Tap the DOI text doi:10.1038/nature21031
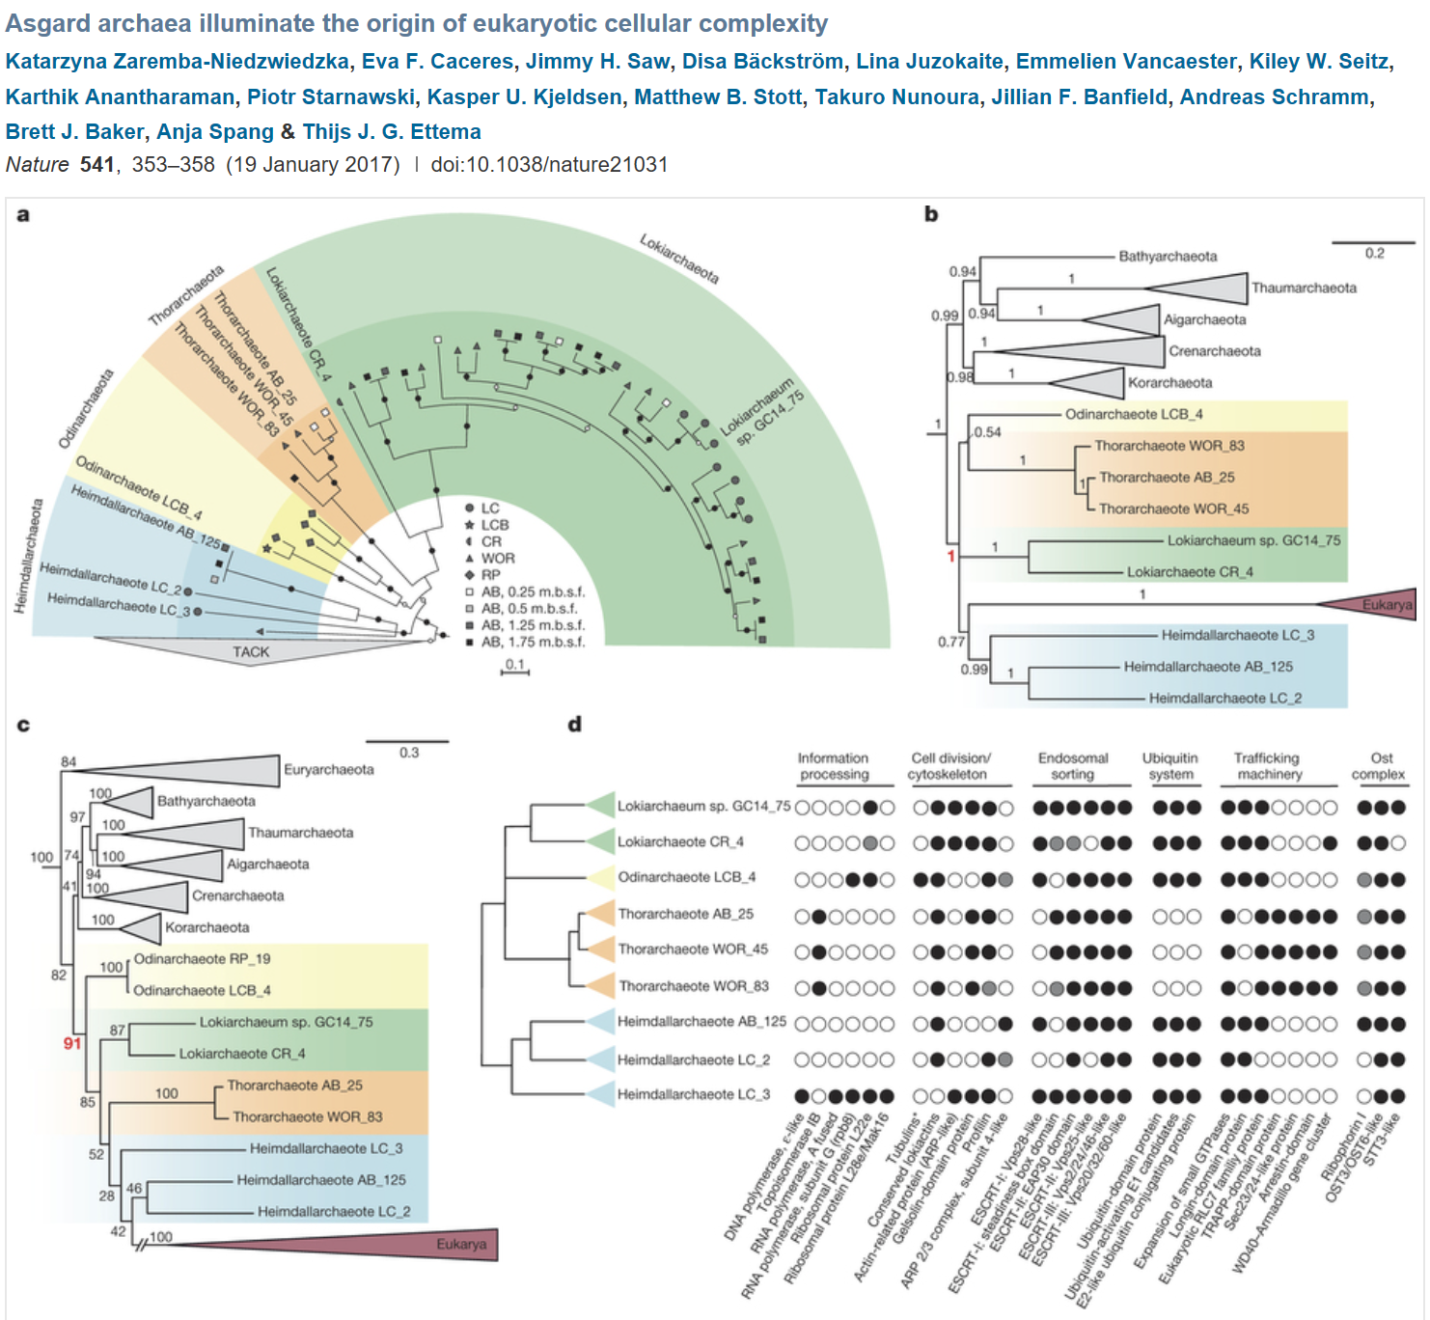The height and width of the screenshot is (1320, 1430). coord(548,164)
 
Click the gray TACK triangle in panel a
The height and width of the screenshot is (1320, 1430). coord(250,650)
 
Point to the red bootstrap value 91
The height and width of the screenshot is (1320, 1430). coord(72,1043)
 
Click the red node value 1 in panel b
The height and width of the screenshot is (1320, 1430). coord(950,556)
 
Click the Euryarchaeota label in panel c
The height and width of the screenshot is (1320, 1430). coord(328,769)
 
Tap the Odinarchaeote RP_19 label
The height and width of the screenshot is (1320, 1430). coord(202,958)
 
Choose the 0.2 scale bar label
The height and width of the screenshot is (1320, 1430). coord(1374,253)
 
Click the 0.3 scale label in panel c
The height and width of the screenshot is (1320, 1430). coord(409,752)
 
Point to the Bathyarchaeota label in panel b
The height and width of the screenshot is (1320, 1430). coord(1168,256)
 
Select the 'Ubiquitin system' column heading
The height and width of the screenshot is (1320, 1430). coord(1169,766)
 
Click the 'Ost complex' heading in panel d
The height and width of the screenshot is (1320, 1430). coord(1379,766)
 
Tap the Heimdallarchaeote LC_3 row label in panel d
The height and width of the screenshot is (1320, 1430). coord(693,1094)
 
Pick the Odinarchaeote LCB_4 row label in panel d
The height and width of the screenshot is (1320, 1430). coord(686,877)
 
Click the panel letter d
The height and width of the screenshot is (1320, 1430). coord(575,724)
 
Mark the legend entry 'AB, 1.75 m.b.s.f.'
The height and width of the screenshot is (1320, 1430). coord(533,642)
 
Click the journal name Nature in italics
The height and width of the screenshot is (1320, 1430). coord(37,164)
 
